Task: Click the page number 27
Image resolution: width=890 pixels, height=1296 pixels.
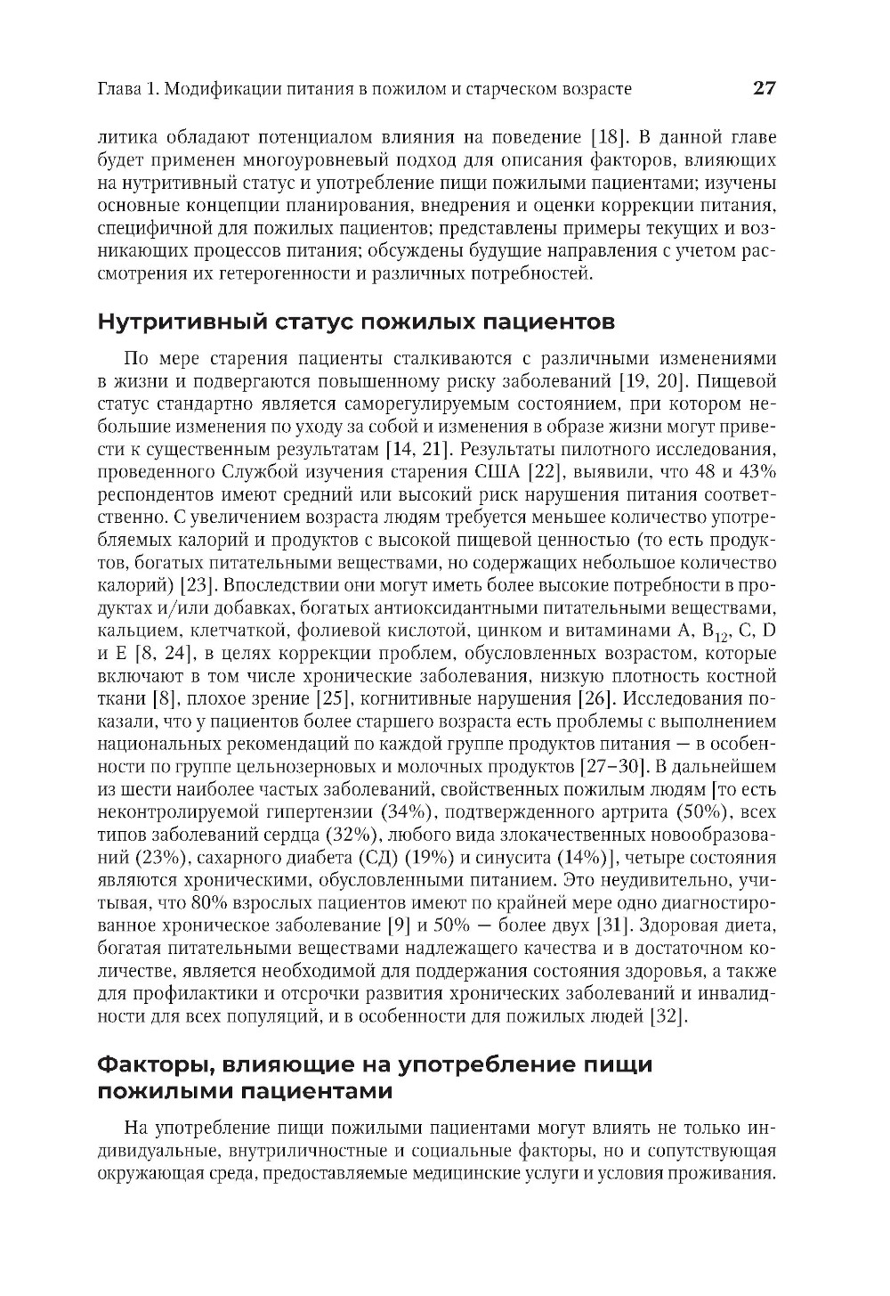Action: click(765, 88)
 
